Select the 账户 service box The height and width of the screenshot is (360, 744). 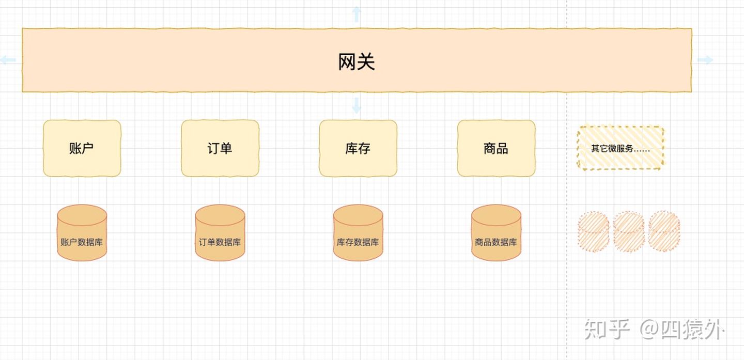point(82,148)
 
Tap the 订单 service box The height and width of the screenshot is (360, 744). point(220,148)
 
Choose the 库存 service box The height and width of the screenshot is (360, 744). point(358,148)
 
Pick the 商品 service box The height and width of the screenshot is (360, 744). point(496,148)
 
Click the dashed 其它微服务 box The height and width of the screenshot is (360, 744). point(620,148)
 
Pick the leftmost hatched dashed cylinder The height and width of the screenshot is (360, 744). point(594,231)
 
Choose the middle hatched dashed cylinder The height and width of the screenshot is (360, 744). point(629,231)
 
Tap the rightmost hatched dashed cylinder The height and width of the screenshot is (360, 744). point(664,231)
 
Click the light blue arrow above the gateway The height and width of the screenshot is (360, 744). point(357,14)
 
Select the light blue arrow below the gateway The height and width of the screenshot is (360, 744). point(357,105)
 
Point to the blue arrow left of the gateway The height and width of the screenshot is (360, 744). point(8,60)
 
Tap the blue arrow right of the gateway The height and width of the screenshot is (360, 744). point(705,60)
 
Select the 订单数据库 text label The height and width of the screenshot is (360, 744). point(220,242)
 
